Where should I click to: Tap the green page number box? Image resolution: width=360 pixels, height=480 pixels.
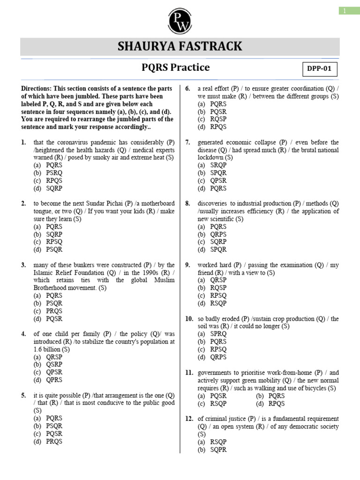pos(349,11)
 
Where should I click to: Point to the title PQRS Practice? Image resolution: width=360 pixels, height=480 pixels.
pos(175,67)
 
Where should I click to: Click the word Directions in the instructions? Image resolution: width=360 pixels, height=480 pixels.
pos(36,89)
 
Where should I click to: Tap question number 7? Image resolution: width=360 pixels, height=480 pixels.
pos(187,142)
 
